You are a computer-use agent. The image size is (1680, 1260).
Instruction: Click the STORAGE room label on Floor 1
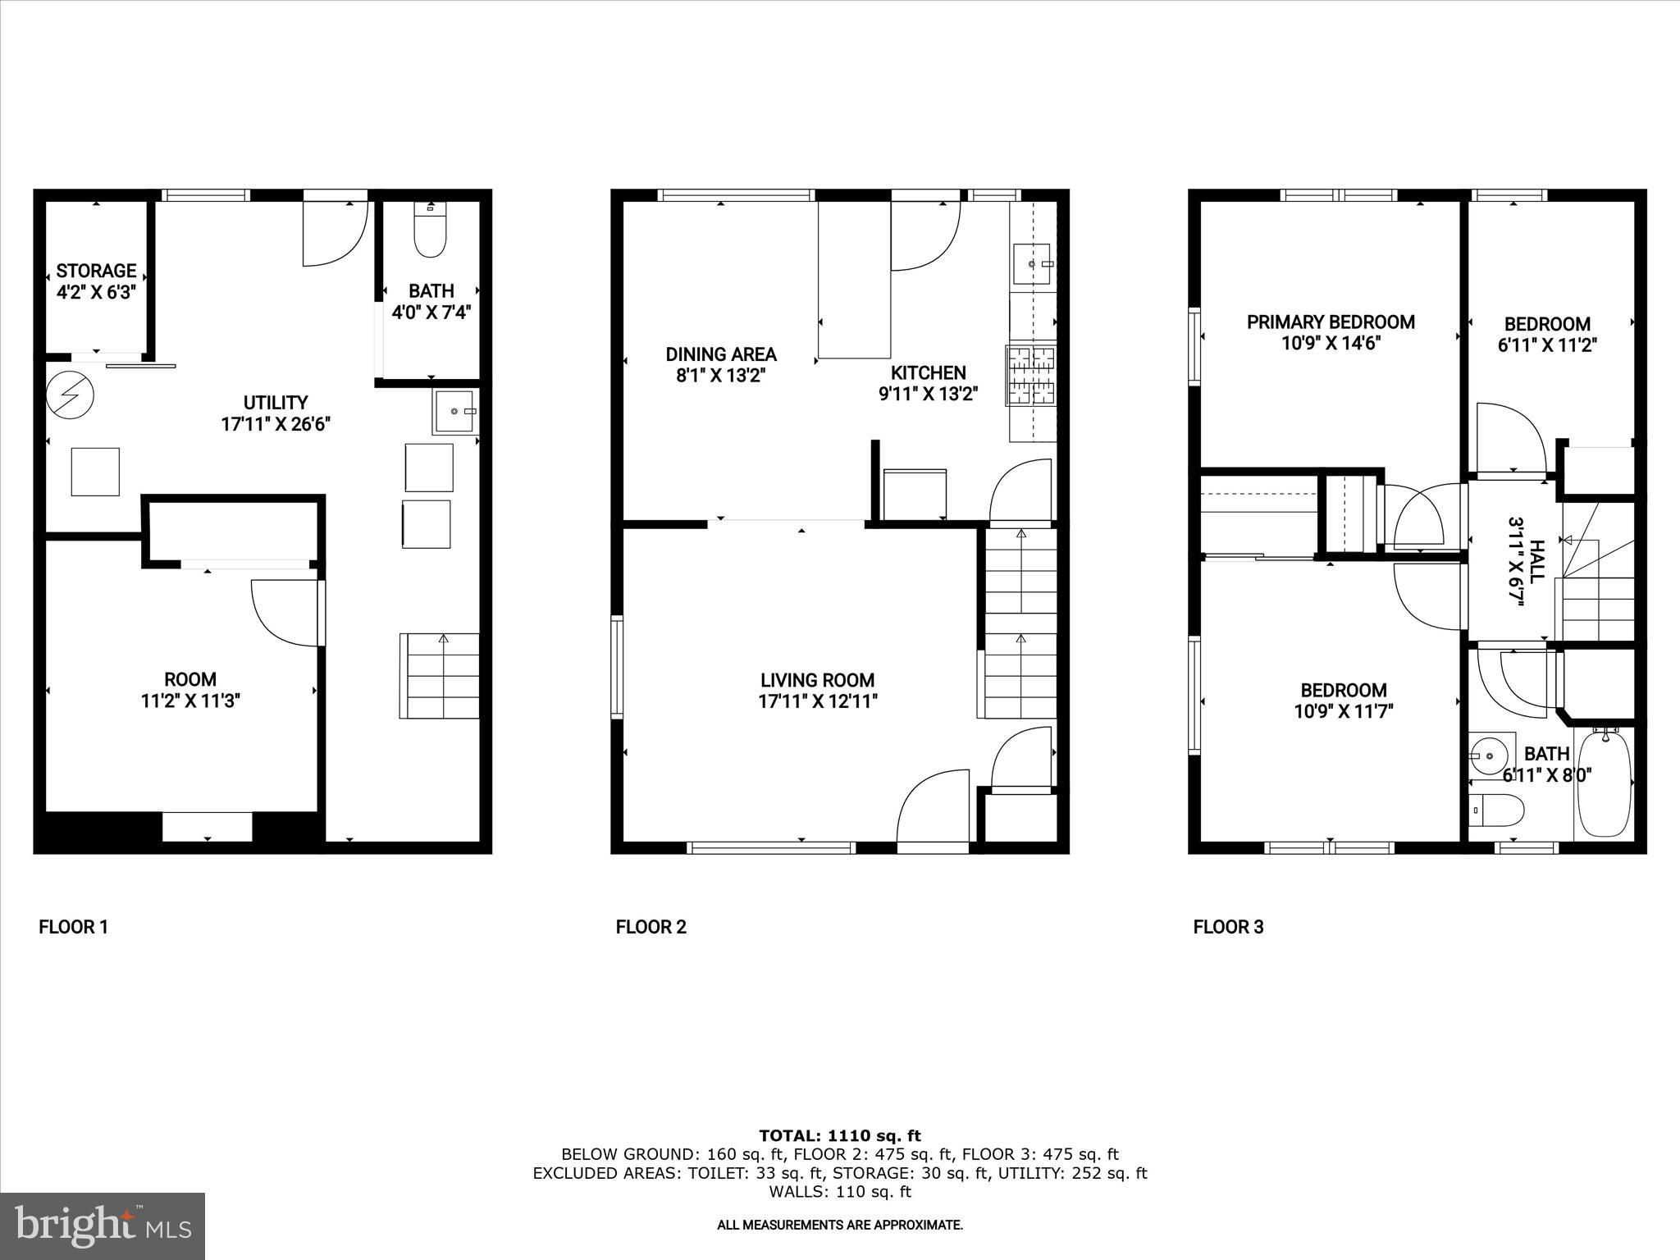click(96, 271)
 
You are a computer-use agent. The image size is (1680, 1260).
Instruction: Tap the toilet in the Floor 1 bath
click(429, 233)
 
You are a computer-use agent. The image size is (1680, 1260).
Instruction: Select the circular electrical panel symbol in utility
click(70, 395)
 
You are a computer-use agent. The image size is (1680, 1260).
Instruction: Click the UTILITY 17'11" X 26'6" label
click(276, 413)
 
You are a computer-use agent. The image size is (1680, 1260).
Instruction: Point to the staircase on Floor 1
click(440, 676)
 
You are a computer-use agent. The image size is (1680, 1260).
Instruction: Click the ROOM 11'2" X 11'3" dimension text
click(190, 701)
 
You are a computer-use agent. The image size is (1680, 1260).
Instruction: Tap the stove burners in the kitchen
click(1031, 376)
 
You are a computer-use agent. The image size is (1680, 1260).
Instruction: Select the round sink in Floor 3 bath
click(1487, 752)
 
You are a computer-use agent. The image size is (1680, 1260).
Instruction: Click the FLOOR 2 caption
click(651, 927)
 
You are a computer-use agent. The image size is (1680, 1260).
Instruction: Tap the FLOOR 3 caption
click(1228, 927)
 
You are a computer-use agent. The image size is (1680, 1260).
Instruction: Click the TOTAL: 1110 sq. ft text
click(839, 1135)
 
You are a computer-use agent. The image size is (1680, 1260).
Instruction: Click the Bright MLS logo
click(103, 1226)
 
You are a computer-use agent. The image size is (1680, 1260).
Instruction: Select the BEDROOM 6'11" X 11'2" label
click(1547, 334)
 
